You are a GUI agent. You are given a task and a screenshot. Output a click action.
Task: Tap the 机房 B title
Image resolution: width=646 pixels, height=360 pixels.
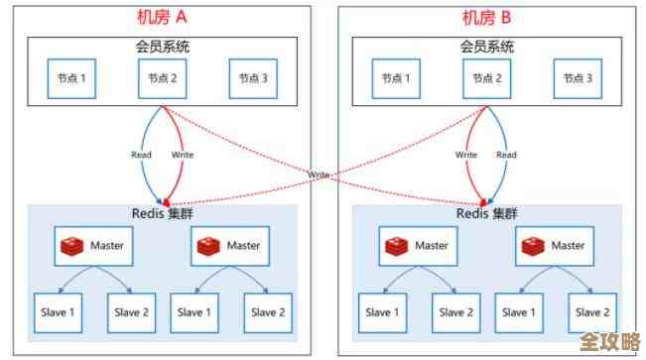488,17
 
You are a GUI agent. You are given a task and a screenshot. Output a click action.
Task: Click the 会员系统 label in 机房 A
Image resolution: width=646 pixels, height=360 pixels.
161,47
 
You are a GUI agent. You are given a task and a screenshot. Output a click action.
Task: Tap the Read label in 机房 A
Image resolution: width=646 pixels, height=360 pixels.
142,155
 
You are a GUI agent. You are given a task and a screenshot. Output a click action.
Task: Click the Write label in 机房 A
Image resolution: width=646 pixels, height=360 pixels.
183,155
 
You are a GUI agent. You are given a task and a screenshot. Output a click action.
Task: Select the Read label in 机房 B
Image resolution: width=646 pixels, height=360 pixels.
506,155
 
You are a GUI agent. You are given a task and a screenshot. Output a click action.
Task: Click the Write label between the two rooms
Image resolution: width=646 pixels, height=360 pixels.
319,175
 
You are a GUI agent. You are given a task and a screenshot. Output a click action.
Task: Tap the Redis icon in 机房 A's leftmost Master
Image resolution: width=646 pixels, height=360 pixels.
72,245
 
